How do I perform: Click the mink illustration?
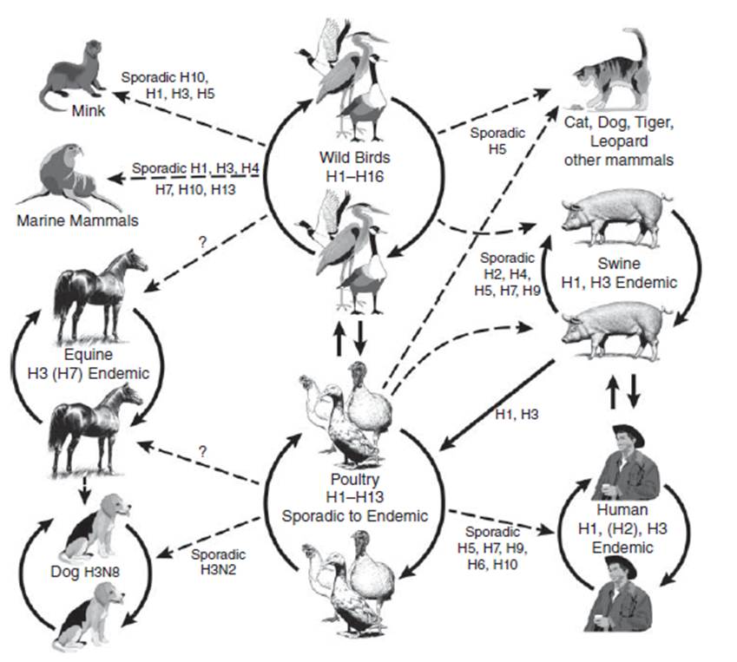70,76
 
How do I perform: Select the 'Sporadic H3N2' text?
218,561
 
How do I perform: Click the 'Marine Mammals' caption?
77,220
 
